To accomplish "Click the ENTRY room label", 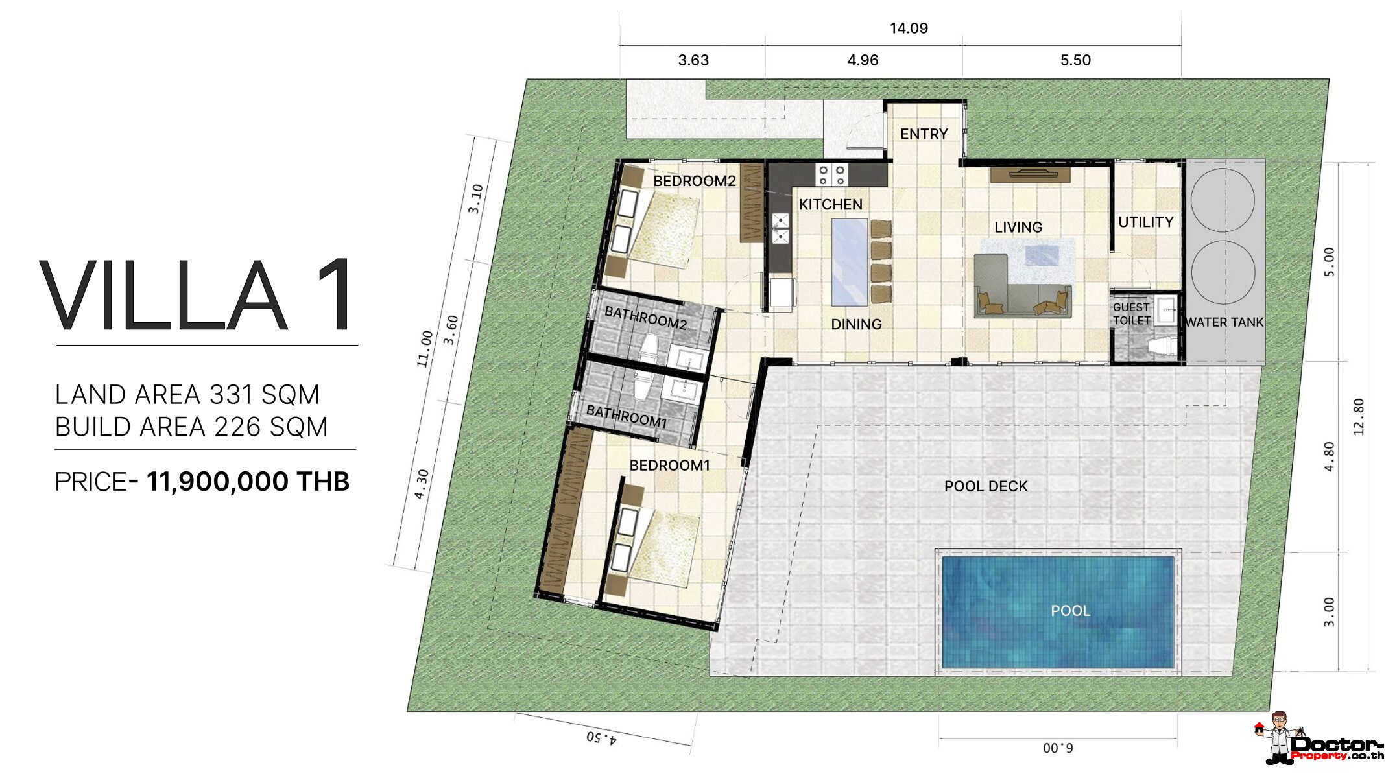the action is pyautogui.click(x=924, y=134).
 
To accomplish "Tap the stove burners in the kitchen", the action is pyautogui.click(x=831, y=174).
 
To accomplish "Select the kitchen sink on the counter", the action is pyautogui.click(x=780, y=228).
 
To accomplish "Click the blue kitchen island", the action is pyautogui.click(x=850, y=262).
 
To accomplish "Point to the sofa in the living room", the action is pyautogui.click(x=1022, y=292).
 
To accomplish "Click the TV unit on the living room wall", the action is pyautogui.click(x=1029, y=174).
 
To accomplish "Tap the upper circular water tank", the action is pyautogui.click(x=1222, y=200).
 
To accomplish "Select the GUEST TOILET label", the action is pyautogui.click(x=1131, y=314).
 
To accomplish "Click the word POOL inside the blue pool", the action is pyautogui.click(x=1070, y=610).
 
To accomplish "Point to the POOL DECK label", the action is pyautogui.click(x=986, y=486).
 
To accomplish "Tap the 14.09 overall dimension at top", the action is pyautogui.click(x=909, y=28).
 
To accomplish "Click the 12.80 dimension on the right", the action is pyautogui.click(x=1359, y=416).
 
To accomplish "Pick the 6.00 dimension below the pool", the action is pyautogui.click(x=1058, y=748).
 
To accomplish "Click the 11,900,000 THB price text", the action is pyautogui.click(x=248, y=482).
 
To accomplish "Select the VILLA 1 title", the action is pyautogui.click(x=198, y=295).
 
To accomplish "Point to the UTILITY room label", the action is pyautogui.click(x=1146, y=222).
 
